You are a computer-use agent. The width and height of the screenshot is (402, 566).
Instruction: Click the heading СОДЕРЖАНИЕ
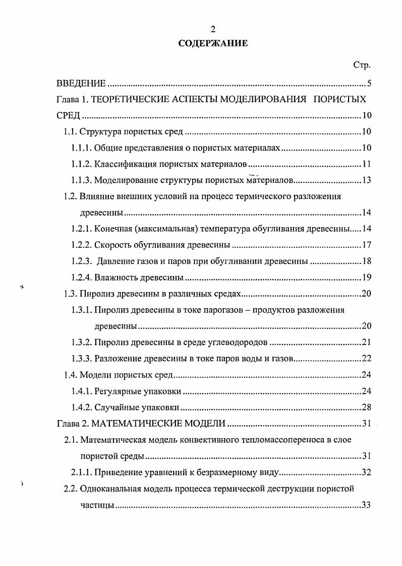[213, 44]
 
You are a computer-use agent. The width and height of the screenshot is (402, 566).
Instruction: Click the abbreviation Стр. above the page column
[362, 65]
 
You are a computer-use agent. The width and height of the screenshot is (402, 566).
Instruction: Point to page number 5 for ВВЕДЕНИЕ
[369, 83]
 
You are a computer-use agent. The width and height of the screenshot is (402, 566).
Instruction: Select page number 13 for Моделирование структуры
[366, 181]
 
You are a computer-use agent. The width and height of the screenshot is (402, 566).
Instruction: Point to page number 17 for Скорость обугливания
[366, 245]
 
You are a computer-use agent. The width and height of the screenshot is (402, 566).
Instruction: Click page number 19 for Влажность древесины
[366, 277]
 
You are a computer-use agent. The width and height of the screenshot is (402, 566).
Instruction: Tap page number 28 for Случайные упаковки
[366, 407]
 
